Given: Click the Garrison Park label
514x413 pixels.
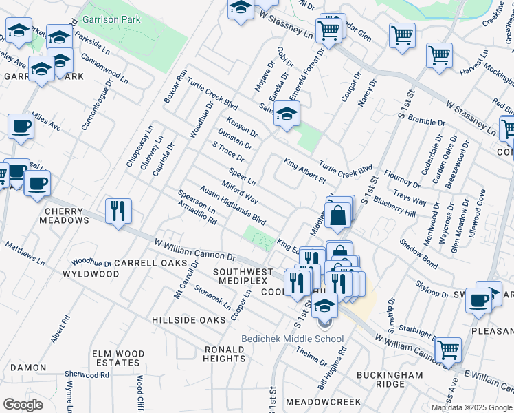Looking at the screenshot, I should coord(111,20).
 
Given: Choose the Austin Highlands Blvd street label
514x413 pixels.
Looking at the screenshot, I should coord(232,204).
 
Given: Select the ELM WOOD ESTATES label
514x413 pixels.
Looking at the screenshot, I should coord(118,358).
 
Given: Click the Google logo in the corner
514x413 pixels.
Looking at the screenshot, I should coord(23,404).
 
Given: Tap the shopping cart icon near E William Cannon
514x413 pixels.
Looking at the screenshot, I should coord(448,349).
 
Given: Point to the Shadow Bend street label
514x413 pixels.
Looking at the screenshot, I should coord(418,253).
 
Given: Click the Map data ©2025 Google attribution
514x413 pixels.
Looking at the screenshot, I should coord(471,407).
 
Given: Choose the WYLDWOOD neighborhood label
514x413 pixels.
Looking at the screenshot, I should coord(91,274).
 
